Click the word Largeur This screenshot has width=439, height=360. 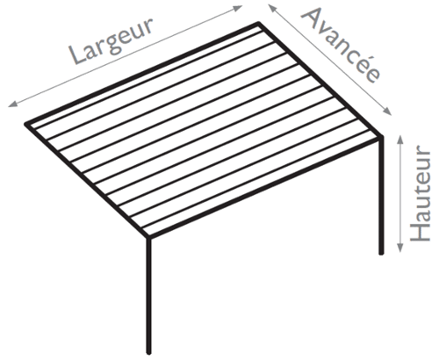pos(112,41)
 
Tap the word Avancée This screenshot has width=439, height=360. pos(341,45)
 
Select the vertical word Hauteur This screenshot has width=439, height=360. pos(421,193)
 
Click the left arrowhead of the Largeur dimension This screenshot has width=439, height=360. pos(12,104)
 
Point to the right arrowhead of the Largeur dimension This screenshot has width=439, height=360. pos(238,8)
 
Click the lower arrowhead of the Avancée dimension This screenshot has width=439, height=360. pos(387,112)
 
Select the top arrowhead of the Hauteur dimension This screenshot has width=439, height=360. pos(400,140)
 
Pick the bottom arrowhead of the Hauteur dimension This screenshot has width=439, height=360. pos(400,248)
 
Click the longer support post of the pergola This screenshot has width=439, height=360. pos(149,296)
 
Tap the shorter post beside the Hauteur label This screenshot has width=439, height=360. pos(381,196)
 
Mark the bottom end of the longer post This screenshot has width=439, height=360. pos(149,354)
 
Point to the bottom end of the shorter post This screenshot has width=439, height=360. pos(381,254)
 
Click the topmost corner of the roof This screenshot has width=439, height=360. pos(259,23)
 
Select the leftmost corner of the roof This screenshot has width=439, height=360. pos(25,124)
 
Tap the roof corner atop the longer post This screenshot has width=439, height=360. pos(148,237)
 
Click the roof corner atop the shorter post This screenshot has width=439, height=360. pos(381,137)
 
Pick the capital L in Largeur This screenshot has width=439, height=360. pos(76,54)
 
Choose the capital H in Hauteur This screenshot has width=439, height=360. pos(421,234)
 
